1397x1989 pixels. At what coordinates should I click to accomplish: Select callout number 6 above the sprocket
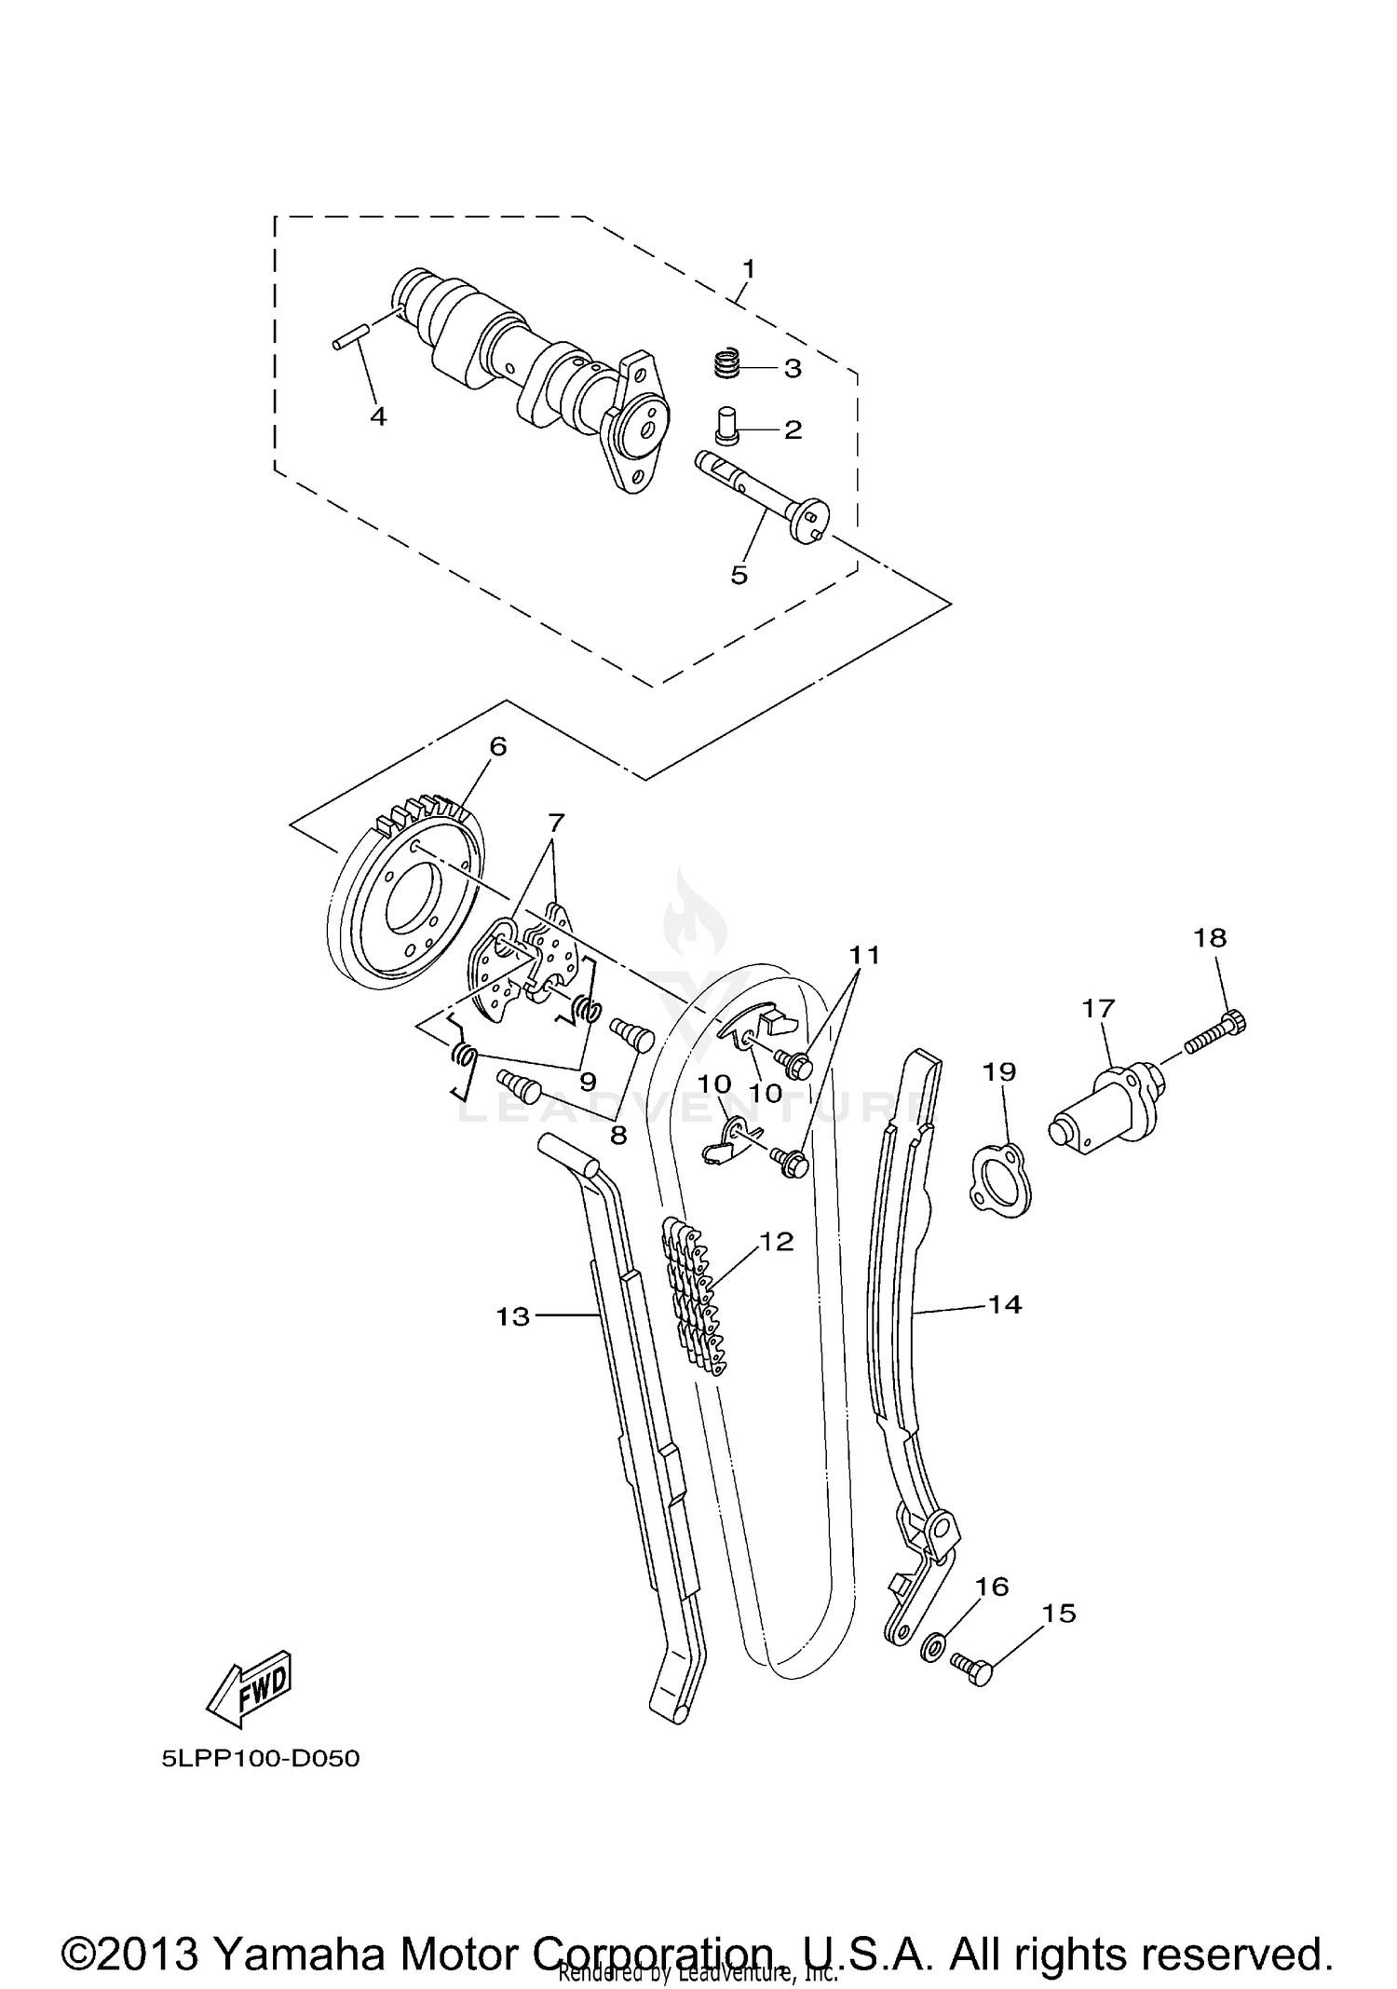coord(497,746)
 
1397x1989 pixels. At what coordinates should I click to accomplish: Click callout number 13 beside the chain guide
coord(512,1316)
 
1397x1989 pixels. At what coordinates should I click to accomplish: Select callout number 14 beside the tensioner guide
coord(1004,1305)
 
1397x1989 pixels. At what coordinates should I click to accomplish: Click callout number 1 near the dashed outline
coord(749,269)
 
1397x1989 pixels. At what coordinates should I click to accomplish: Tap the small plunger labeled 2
coord(726,427)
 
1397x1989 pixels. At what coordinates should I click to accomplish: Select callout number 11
coord(863,955)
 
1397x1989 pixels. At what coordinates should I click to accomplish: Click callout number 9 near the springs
coord(588,1082)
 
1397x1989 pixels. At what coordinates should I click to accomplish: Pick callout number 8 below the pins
coord(617,1135)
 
